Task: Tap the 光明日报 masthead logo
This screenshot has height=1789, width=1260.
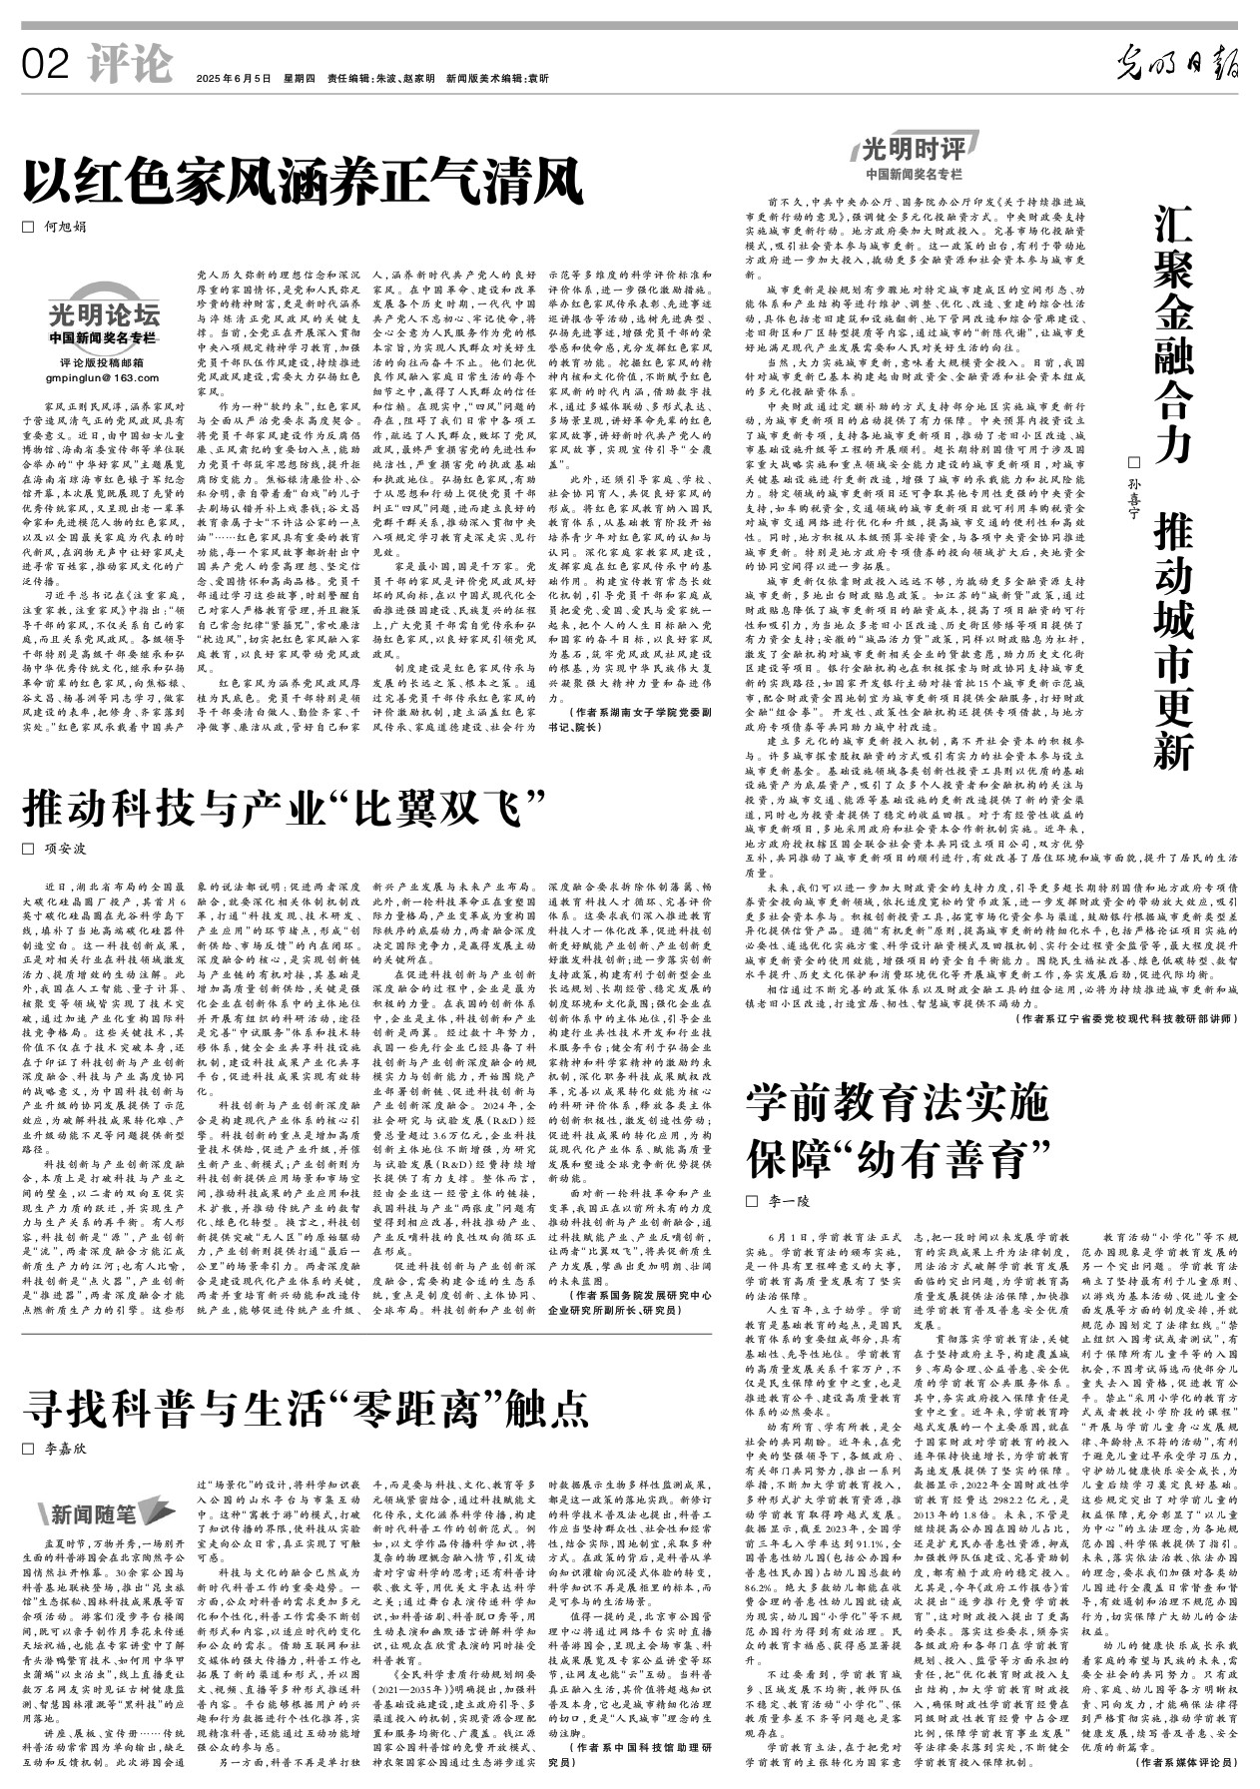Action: (x=1177, y=65)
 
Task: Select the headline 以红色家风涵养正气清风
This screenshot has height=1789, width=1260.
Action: (x=304, y=183)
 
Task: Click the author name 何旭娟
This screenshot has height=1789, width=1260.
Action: (x=64, y=228)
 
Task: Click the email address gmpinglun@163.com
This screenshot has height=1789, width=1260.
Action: (x=102, y=378)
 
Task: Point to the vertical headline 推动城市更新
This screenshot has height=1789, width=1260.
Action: (x=1173, y=644)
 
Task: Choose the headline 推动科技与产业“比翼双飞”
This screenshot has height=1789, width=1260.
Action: (x=288, y=808)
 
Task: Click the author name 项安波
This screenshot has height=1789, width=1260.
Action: (x=64, y=849)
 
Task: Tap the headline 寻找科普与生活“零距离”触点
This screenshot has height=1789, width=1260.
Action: (x=307, y=1405)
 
